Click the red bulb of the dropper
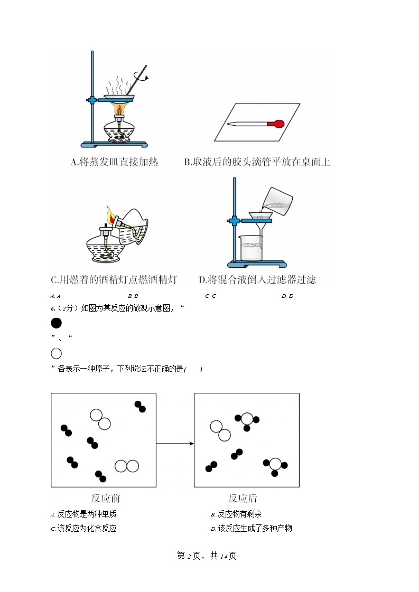pyautogui.click(x=276, y=124)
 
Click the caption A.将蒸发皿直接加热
pyautogui.click(x=114, y=162)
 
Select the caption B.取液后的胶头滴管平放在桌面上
pyautogui.click(x=257, y=162)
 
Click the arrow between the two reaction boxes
pyautogui.click(x=175, y=444)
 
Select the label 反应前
pyautogui.click(x=105, y=498)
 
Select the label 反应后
pyautogui.click(x=243, y=498)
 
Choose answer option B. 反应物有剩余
pyautogui.click(x=236, y=514)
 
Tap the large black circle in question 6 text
pyautogui.click(x=57, y=323)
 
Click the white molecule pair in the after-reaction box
pyautogui.click(x=220, y=430)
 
